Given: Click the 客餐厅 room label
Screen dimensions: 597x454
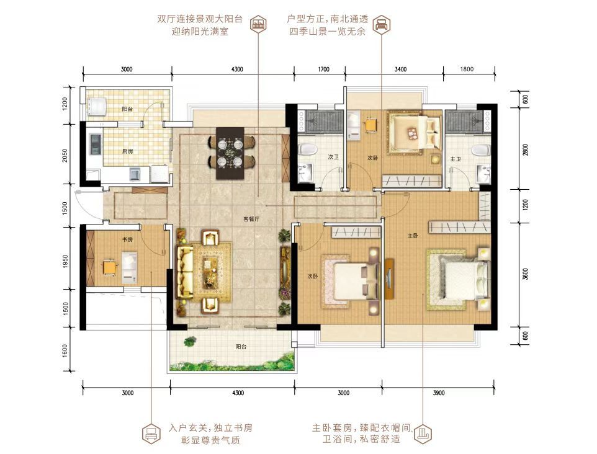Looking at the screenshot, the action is (x=251, y=219).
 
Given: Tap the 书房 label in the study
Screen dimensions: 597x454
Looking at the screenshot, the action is (x=127, y=240).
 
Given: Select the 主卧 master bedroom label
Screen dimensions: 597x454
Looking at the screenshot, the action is (x=413, y=236).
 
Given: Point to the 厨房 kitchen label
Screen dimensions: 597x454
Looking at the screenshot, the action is (x=128, y=151).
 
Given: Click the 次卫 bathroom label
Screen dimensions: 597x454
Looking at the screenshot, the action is (x=333, y=157).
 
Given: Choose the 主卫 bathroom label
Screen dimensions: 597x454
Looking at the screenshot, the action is (x=456, y=159).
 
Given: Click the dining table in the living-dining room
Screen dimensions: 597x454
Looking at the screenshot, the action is (x=230, y=153).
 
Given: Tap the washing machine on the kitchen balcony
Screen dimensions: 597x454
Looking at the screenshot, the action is (x=96, y=107).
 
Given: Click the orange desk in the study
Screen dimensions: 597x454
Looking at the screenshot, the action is (x=109, y=267).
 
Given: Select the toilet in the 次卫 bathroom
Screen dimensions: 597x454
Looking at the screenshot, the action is (x=308, y=149).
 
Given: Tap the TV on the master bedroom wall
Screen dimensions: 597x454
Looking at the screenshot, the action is (x=388, y=278).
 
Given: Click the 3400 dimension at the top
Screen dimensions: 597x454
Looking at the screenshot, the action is (x=400, y=69).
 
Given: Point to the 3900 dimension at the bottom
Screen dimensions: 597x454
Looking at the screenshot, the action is (x=439, y=393).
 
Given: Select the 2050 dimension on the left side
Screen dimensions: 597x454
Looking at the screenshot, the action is (x=65, y=156).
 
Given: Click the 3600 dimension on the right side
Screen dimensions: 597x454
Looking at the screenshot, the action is (x=526, y=274).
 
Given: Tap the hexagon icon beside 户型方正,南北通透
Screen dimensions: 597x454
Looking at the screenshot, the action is (x=381, y=25).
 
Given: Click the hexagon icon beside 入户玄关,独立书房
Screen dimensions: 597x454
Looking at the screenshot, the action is (x=151, y=434).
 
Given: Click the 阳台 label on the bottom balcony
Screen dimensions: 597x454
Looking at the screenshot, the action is (x=241, y=347).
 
